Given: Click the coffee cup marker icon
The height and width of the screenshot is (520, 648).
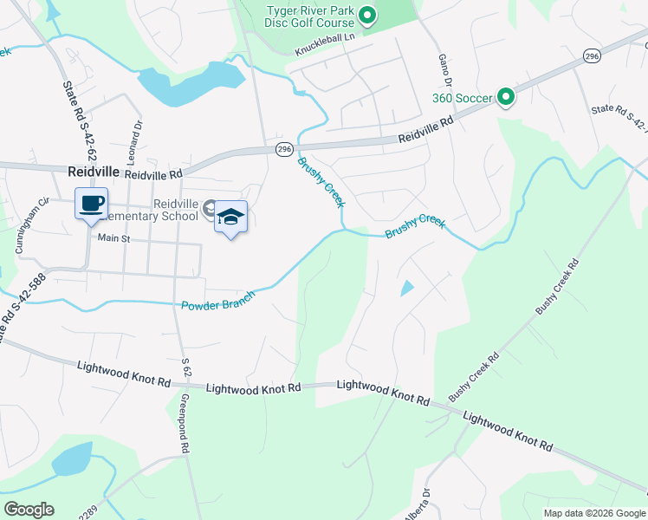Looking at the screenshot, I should tap(92, 205).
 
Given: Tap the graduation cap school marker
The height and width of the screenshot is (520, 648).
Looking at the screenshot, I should tap(230, 217).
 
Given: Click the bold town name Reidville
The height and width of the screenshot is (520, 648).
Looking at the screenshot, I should tap(93, 172).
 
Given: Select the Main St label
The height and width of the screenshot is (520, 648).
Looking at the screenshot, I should tap(113, 237).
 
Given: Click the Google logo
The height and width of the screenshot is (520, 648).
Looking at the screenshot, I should tap(29, 510).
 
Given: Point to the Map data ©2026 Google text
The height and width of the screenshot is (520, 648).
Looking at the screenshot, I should tap(593, 513).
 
